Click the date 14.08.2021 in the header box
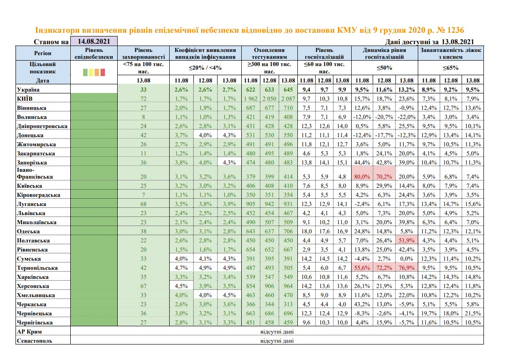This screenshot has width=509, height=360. coord(93,42)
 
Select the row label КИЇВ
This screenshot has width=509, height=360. coord(26,98)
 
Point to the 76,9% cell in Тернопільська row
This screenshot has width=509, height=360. coord(407,267)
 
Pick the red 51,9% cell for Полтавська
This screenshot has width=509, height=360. coord(407,240)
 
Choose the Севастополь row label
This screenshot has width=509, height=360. coord(34,340)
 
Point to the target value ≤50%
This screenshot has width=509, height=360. coord(385,68)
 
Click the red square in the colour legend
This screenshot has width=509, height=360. coord(103,72)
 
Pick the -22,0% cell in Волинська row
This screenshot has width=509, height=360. coord(407,117)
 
